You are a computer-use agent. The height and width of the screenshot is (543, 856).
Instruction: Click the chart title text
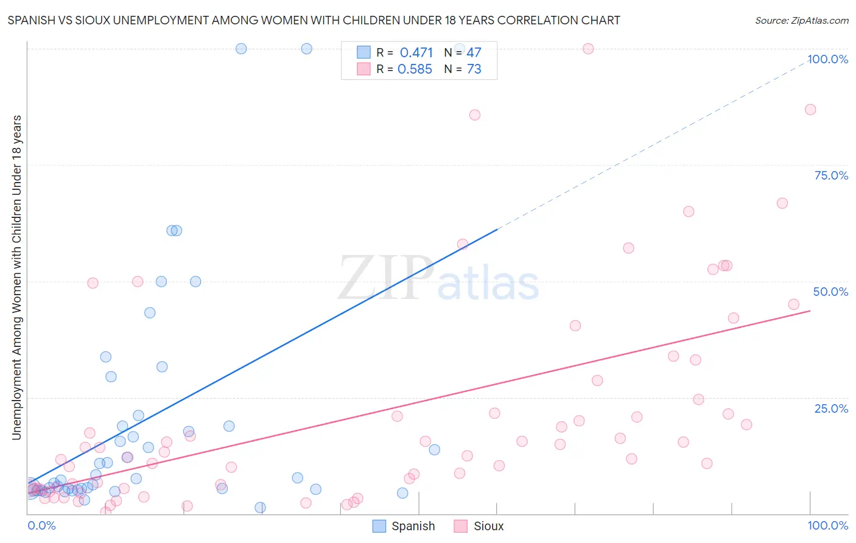pos(314,20)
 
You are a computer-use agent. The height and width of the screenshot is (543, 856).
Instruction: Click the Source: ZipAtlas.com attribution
pos(801,20)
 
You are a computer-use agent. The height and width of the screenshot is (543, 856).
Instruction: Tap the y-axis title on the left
pos(16,277)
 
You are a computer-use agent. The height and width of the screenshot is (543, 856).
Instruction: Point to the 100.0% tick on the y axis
pos(827,59)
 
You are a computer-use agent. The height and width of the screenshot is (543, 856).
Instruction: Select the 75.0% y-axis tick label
pos(831,175)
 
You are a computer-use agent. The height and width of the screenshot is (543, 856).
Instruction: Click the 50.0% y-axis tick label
pos(830,292)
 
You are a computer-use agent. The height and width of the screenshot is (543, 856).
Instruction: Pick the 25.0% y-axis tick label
pos(831,408)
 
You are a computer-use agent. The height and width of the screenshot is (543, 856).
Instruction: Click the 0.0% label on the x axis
pos(41,525)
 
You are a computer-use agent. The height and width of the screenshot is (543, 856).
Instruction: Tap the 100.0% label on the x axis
pos(827,525)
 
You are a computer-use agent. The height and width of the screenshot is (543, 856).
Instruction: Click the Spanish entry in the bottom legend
pos(404,526)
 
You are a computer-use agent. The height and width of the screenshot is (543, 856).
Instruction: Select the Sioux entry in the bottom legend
pos(479,526)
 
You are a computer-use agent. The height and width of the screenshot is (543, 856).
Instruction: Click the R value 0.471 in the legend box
pos(416,53)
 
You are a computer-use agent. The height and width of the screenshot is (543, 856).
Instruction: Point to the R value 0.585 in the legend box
pos(415,69)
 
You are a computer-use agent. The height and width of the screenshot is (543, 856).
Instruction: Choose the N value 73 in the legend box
pos(474,69)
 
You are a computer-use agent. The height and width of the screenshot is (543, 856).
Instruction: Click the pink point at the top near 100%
pos(588,49)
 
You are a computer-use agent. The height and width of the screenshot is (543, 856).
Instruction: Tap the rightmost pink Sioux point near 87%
pos(810,110)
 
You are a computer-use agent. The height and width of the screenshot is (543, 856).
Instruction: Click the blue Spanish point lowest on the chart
pos(260,508)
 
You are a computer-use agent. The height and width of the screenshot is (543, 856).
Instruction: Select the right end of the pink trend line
pos(810,311)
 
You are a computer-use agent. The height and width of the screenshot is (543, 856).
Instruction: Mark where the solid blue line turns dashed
pos(497,229)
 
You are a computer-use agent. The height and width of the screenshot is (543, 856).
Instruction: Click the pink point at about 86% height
pos(475,115)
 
